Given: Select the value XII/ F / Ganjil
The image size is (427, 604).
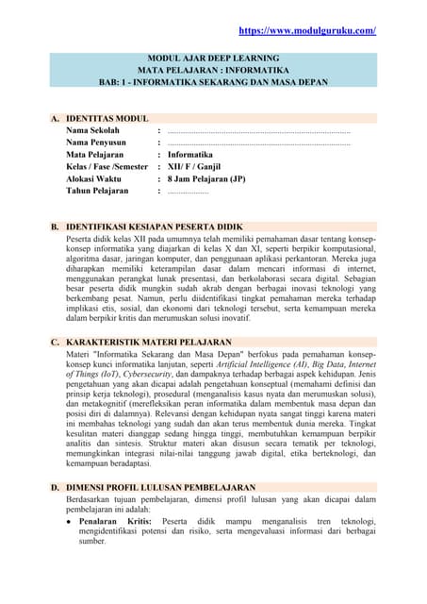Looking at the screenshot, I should coord(203,165).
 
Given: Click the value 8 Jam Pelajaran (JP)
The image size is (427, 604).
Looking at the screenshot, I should coord(206,177).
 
